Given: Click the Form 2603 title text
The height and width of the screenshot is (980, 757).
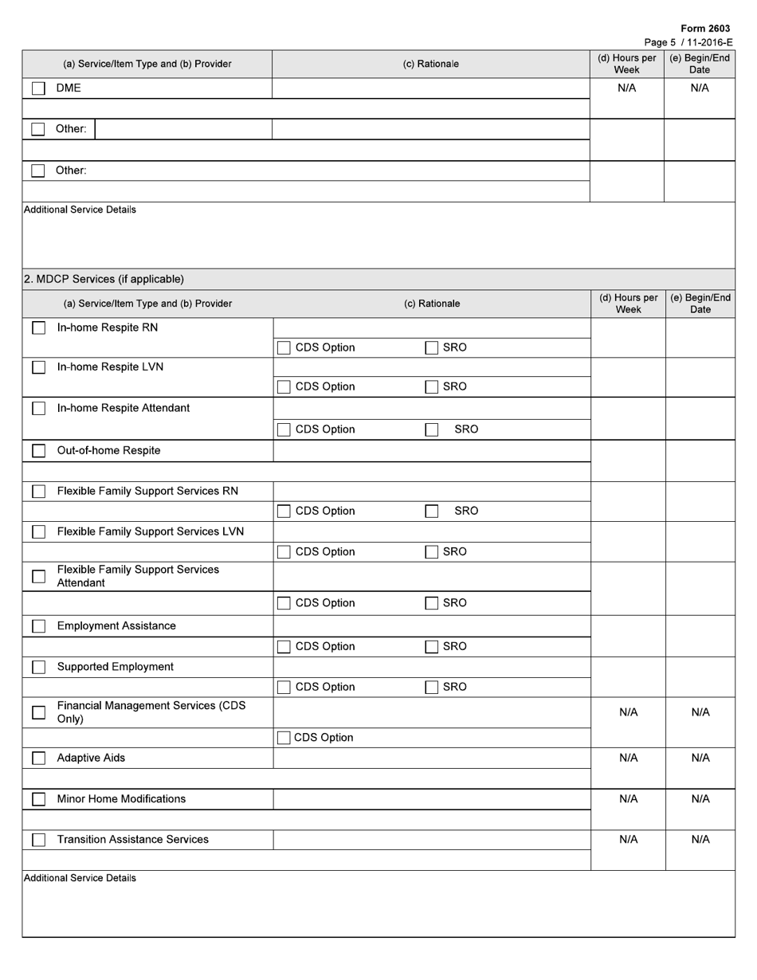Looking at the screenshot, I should pyautogui.click(x=705, y=29).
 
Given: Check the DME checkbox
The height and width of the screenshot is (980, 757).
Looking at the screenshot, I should pyautogui.click(x=38, y=88).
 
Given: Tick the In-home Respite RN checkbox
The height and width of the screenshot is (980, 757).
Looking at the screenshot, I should pyautogui.click(x=38, y=327).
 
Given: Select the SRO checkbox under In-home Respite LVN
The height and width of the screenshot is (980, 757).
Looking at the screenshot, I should pyautogui.click(x=431, y=387).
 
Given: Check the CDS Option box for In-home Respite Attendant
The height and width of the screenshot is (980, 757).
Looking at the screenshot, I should pyautogui.click(x=284, y=429).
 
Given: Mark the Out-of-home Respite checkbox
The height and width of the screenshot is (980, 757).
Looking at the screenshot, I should pyautogui.click(x=38, y=451).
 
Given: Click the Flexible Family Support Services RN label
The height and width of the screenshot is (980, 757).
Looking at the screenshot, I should pyautogui.click(x=147, y=491).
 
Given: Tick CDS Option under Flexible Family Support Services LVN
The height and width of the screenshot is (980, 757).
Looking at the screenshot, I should pyautogui.click(x=284, y=552).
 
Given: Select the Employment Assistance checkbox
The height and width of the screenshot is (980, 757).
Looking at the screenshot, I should pyautogui.click(x=38, y=626).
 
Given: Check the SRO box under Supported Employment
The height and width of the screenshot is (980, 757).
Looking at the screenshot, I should pyautogui.click(x=431, y=688).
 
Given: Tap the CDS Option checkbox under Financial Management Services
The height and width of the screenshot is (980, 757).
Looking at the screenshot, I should pyautogui.click(x=284, y=738).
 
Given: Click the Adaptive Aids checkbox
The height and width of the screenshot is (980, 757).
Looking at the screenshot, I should pyautogui.click(x=38, y=759).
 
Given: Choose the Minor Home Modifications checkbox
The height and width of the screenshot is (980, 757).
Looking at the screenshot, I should pyautogui.click(x=38, y=799).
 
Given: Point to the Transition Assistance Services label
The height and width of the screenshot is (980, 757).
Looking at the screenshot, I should pyautogui.click(x=133, y=839).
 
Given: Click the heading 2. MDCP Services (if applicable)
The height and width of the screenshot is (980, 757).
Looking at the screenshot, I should pyautogui.click(x=104, y=279).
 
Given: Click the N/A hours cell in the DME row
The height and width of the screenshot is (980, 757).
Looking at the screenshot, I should pyautogui.click(x=627, y=88).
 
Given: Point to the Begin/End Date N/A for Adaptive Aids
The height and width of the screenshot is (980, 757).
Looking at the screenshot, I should pyautogui.click(x=700, y=758).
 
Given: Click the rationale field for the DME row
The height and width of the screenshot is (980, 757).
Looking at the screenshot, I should pyautogui.click(x=430, y=88).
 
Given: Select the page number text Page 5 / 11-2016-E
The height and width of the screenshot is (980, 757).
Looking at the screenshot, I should pyautogui.click(x=688, y=42).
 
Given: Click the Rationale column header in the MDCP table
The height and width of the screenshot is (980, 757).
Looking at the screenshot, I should pyautogui.click(x=431, y=304).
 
